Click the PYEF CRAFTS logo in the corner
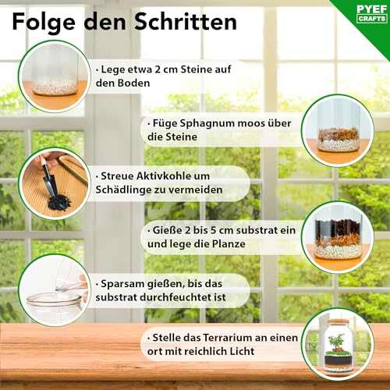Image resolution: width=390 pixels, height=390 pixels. coord(363,15)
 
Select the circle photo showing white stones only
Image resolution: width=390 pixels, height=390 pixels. coord(54,75)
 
